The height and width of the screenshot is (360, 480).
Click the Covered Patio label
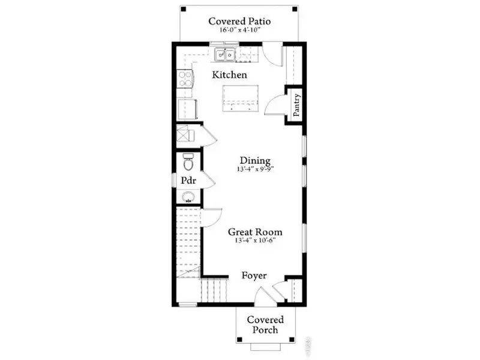(239, 22)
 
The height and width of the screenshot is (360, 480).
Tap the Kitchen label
(230, 75)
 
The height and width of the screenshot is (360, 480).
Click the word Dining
(255, 160)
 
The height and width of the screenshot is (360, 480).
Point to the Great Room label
(255, 232)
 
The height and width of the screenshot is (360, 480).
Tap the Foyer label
(254, 275)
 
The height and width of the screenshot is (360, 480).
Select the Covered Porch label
(265, 325)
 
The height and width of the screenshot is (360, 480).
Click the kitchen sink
(226, 55)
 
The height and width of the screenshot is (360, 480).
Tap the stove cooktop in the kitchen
(185, 79)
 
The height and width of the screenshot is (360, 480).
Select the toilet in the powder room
(188, 161)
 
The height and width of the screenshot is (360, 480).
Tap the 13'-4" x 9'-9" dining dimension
(255, 170)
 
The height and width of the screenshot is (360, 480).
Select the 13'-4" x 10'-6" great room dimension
(255, 241)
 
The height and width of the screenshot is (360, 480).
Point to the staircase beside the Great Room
(189, 240)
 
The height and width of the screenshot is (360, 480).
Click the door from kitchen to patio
(272, 53)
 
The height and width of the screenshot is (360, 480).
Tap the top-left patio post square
(184, 9)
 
